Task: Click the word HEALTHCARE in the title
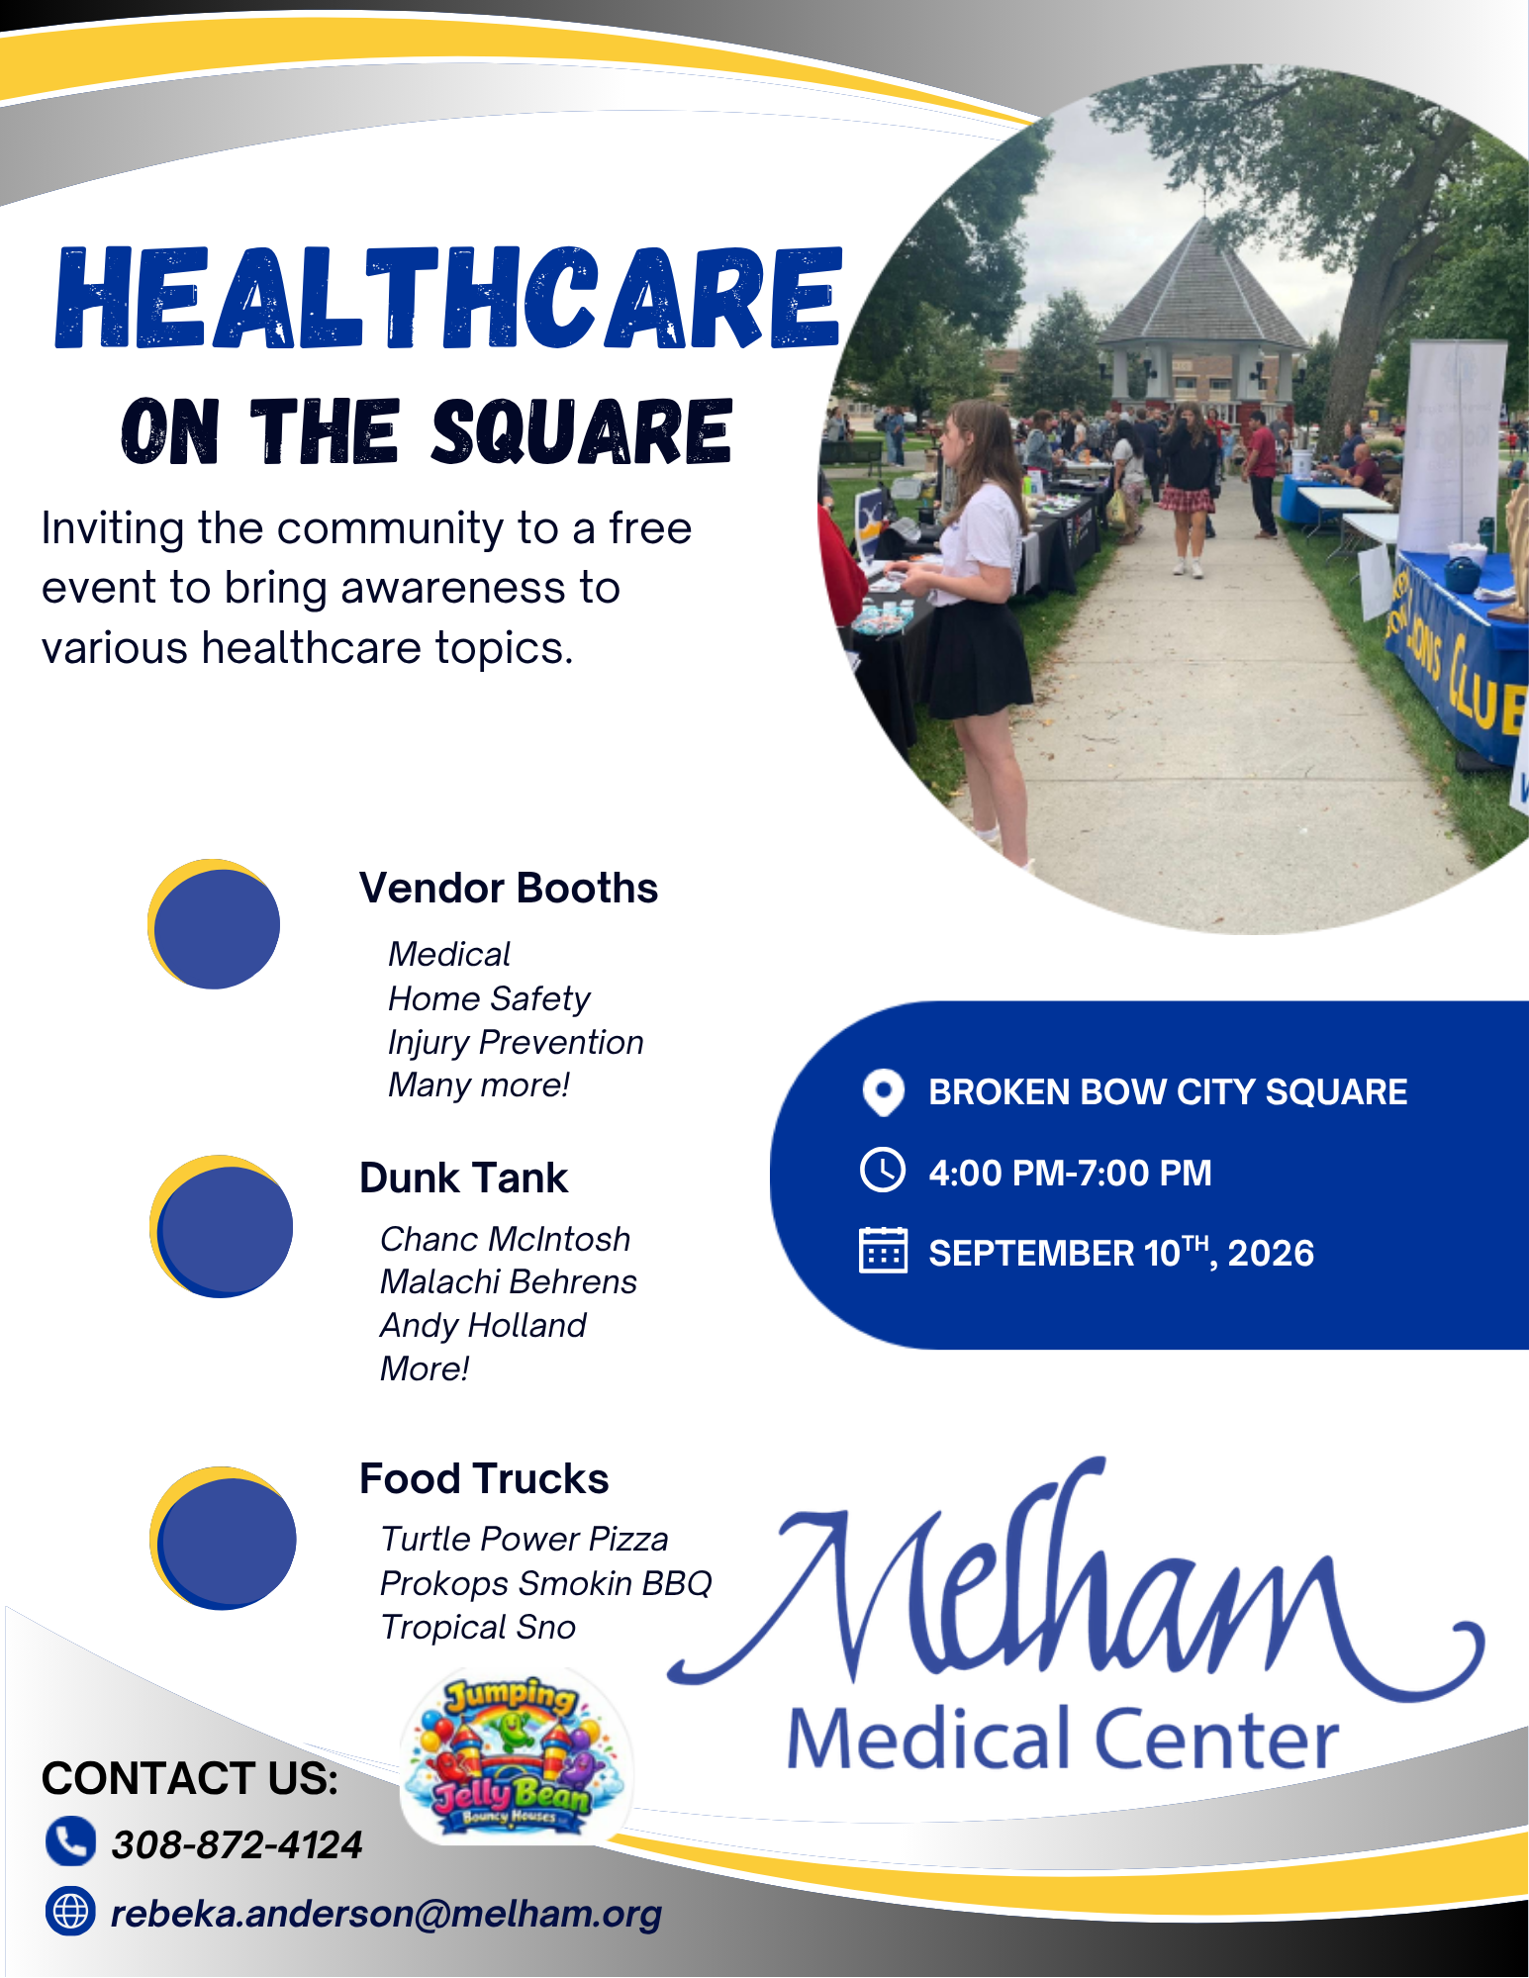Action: click(x=448, y=298)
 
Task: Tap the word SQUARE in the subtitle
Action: click(x=582, y=431)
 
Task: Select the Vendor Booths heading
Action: click(x=509, y=889)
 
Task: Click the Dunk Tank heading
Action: click(x=463, y=1178)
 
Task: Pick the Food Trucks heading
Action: click(x=484, y=1479)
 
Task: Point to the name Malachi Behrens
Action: click(x=509, y=1282)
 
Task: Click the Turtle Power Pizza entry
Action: click(x=525, y=1540)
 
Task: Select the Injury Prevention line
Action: click(x=516, y=1043)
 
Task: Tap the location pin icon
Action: click(x=883, y=1092)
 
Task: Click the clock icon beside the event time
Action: click(x=883, y=1171)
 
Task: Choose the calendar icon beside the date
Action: click(x=883, y=1251)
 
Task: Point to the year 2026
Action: click(x=1271, y=1254)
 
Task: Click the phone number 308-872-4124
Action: click(x=237, y=1845)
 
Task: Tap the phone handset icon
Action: click(x=70, y=1841)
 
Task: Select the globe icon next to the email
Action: click(x=70, y=1911)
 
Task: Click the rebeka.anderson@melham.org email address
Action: click(x=386, y=1914)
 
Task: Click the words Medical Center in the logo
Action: click(x=1063, y=1739)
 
